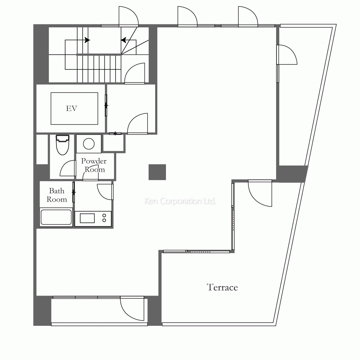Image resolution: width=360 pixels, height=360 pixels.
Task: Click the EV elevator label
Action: pyautogui.click(x=72, y=108)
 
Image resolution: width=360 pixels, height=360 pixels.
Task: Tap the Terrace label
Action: pyautogui.click(x=222, y=287)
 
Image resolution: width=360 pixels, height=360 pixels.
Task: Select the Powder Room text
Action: pyautogui.click(x=94, y=165)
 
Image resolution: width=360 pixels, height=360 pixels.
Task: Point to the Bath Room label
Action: pyautogui.click(x=57, y=195)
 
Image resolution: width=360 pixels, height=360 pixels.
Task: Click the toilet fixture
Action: pyautogui.click(x=62, y=145)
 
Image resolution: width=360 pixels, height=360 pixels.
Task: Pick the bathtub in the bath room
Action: pyautogui.click(x=56, y=217)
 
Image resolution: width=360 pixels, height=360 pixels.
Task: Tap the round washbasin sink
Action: pyautogui.click(x=89, y=144)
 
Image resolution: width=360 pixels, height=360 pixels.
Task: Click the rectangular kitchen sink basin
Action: pyautogui.click(x=87, y=218)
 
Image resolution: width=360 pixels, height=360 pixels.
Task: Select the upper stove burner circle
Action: pyautogui.click(x=104, y=216)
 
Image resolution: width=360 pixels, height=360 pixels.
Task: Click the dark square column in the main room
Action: pyautogui.click(x=157, y=172)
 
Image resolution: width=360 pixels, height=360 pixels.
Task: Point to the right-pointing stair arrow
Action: pyautogui.click(x=87, y=40)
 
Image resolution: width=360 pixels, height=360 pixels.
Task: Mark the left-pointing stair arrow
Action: pyautogui.click(x=124, y=40)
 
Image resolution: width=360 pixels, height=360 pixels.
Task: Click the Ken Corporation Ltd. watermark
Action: pyautogui.click(x=180, y=201)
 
